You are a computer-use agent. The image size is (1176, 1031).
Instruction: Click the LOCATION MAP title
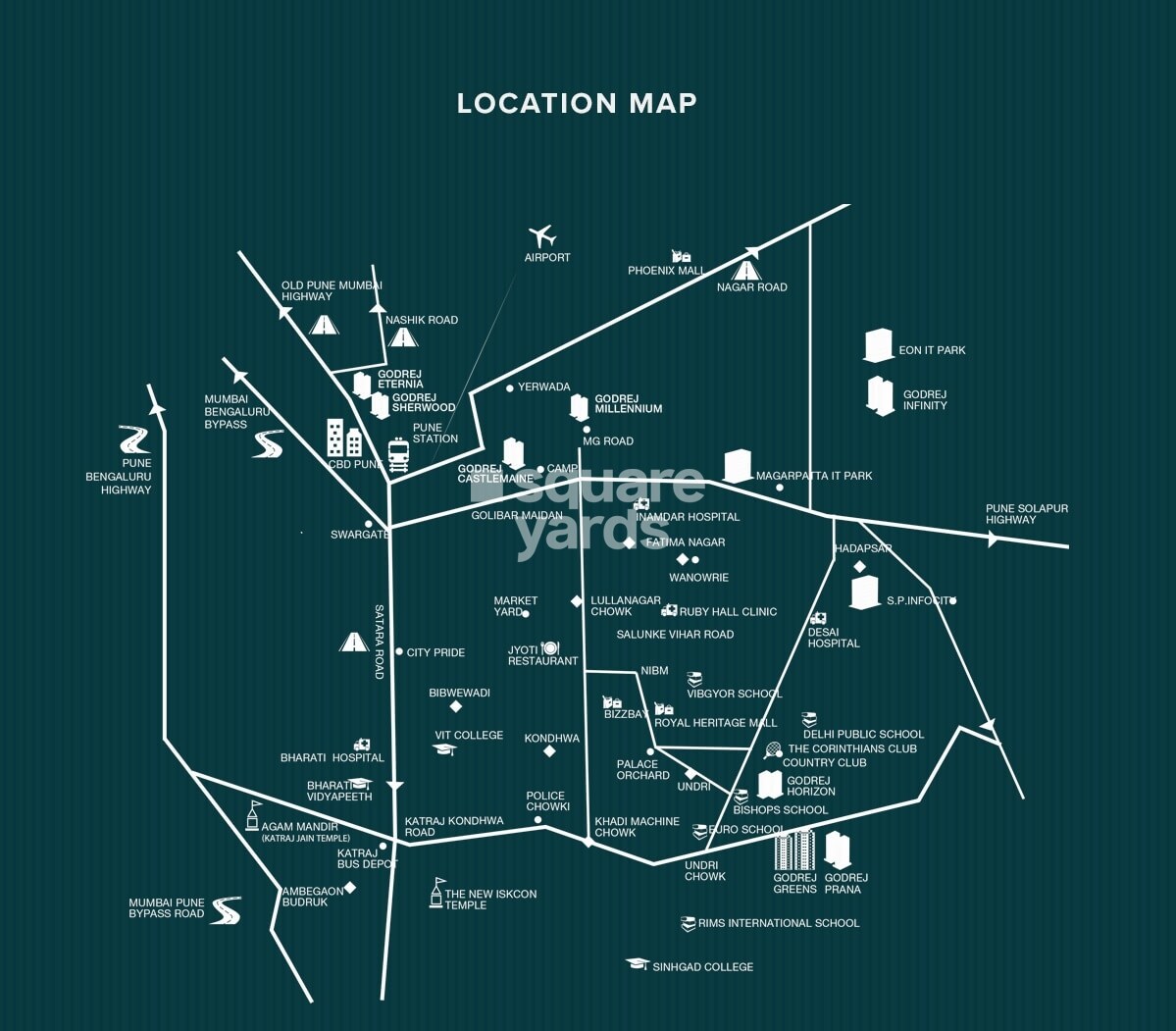[577, 103]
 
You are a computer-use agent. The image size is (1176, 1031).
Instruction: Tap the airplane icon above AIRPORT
[541, 236]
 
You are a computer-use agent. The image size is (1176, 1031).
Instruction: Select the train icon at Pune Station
[398, 454]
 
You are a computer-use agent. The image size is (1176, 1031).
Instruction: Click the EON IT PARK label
[932, 350]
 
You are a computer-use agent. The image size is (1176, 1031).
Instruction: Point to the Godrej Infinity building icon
[879, 395]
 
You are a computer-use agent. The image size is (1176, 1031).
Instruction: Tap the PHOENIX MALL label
[666, 271]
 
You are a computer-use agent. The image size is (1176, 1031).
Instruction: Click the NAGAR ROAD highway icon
[746, 269]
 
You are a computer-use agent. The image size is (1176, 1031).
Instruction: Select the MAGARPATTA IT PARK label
[814, 476]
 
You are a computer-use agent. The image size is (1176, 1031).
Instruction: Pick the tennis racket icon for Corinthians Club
[774, 750]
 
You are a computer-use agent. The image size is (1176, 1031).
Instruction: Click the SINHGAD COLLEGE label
[703, 967]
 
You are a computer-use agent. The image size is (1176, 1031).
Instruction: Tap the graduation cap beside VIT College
[444, 749]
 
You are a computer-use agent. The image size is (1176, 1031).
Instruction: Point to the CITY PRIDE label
[435, 652]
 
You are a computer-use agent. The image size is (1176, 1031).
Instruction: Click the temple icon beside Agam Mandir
[253, 815]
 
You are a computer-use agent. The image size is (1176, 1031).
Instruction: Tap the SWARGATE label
[360, 535]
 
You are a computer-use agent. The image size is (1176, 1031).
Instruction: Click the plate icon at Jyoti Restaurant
[549, 648]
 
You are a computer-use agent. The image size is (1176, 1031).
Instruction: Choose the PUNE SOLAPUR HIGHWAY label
[1027, 514]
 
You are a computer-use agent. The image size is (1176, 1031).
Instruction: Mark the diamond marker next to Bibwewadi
[455, 706]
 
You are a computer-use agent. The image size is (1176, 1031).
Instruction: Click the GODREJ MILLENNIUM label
[628, 404]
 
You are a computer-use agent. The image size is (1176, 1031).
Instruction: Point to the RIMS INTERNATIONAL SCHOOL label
[778, 923]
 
